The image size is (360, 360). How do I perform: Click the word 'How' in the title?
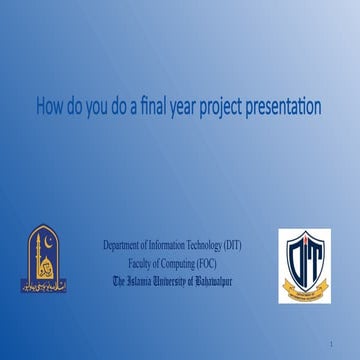point(52,106)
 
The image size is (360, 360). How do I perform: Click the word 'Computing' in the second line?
point(182,263)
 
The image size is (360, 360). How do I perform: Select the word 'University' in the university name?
point(183,281)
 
